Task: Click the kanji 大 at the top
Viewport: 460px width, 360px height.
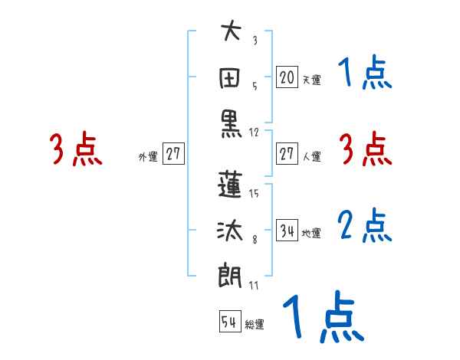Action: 231,33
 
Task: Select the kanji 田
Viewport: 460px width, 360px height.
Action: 231,77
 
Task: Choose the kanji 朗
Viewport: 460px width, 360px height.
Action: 231,273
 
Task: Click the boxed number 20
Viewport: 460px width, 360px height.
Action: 287,77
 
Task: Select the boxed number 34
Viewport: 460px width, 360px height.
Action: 287,230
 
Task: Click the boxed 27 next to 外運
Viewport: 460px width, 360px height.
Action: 173,154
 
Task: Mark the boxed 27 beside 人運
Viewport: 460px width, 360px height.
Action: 287,154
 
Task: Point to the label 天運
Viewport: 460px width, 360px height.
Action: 311,80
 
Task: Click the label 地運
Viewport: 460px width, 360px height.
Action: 311,233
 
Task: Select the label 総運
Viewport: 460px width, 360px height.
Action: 255,325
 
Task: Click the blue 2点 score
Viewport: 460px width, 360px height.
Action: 365,225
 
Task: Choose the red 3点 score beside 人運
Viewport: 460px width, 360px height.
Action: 365,149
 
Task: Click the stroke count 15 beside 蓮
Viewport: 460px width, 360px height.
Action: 255,193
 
